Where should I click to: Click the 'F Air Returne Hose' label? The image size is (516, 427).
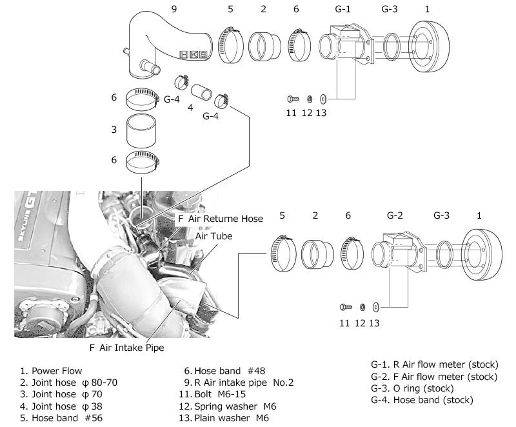[x=220, y=219]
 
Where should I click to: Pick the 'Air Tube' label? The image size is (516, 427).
[x=213, y=236]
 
